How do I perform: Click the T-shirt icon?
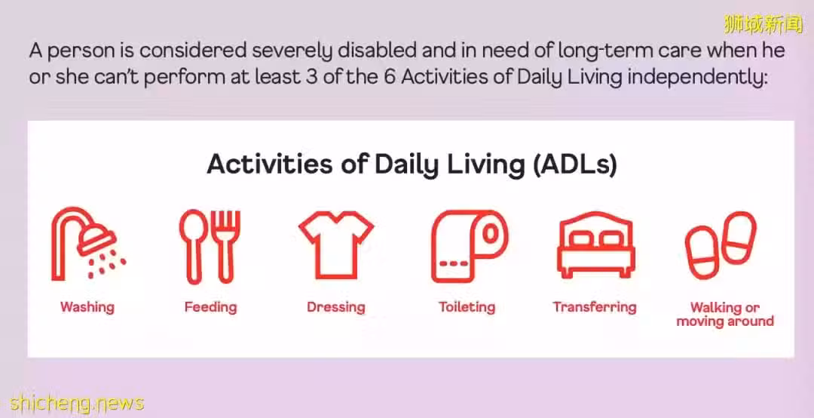pos(336,244)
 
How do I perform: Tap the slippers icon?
pos(721,244)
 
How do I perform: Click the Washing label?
pos(87,307)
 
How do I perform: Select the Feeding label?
pos(211,307)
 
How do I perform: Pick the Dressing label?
pos(336,307)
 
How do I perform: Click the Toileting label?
pos(467,307)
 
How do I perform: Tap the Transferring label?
pos(595,307)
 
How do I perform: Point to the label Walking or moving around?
pos(725,315)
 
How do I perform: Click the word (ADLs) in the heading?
pos(574,164)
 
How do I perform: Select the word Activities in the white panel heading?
pos(270,164)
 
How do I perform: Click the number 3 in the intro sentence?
pos(310,78)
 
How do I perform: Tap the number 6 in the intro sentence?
pos(390,78)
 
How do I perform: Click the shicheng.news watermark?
pos(77,404)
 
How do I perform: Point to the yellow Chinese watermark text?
pos(764,24)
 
